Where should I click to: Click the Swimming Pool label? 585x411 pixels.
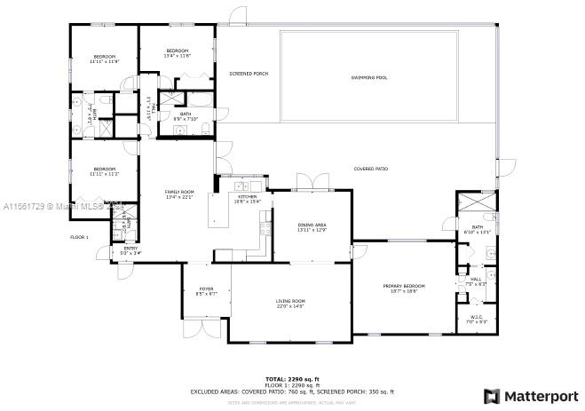pos(368,77)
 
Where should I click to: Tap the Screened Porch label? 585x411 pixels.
pos(249,74)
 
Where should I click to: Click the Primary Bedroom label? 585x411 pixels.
pos(404,288)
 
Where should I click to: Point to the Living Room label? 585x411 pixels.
pos(290,303)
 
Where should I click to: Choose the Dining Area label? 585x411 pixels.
pos(312,227)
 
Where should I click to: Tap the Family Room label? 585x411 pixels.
pos(179,194)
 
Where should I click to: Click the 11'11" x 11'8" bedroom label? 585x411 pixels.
pos(104,59)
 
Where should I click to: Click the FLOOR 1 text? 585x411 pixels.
pos(80,237)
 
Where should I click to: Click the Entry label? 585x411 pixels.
pos(130,250)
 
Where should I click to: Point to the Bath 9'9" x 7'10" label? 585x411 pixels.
pos(186,115)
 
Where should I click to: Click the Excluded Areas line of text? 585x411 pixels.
pos(292,391)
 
